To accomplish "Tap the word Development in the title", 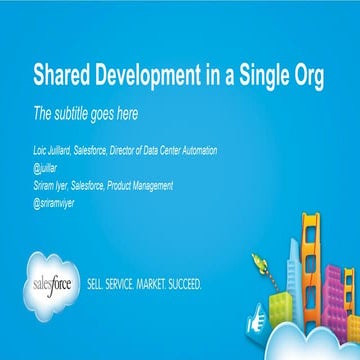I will click(145, 74).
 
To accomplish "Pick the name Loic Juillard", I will click(55, 150).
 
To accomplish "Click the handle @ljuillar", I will click(46, 167).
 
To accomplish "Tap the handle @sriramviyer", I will click(54, 201).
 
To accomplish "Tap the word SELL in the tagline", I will click(99, 284).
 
